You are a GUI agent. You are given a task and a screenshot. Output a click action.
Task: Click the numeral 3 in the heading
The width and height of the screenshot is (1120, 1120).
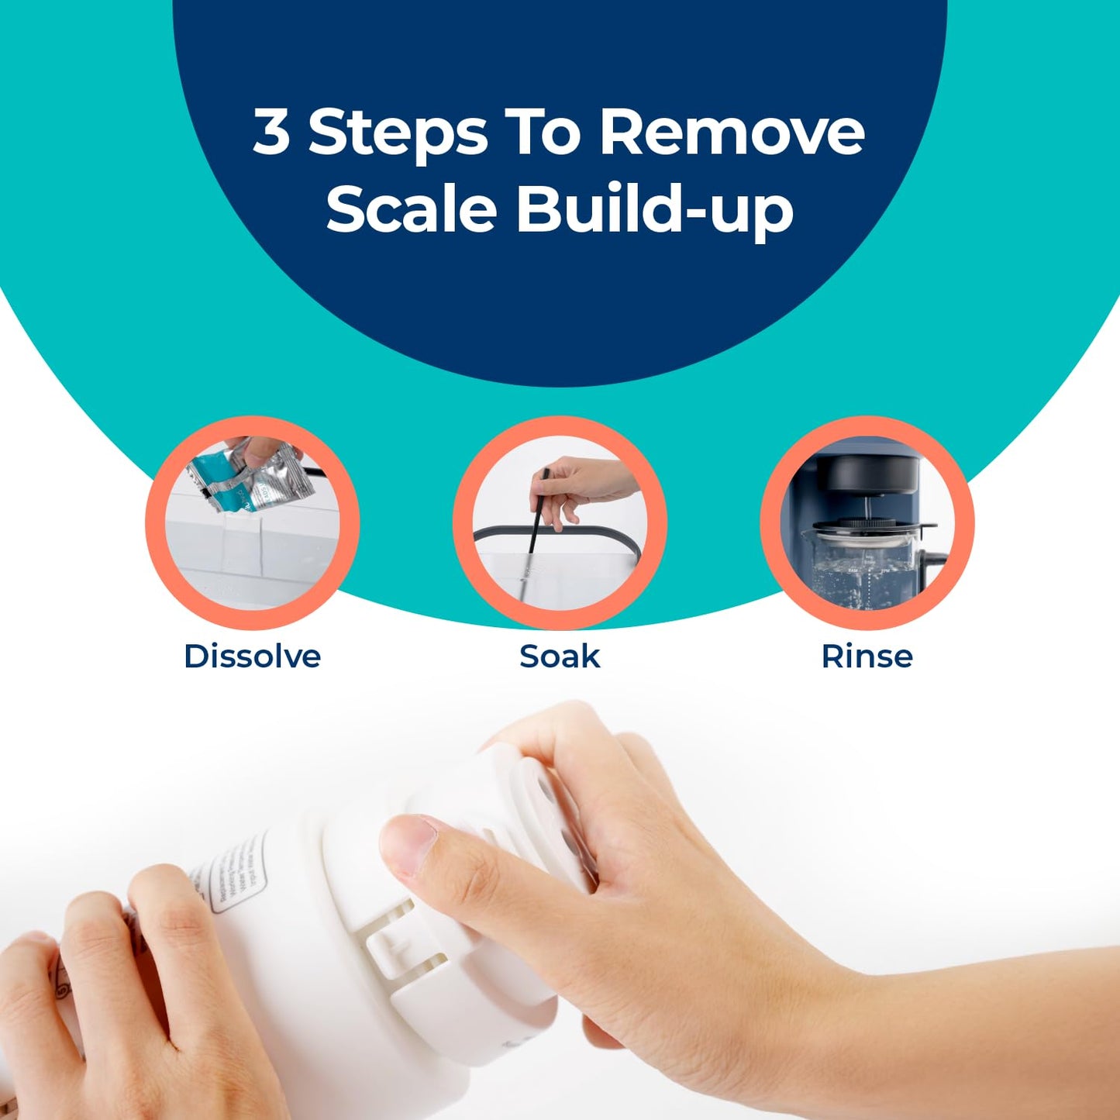(271, 132)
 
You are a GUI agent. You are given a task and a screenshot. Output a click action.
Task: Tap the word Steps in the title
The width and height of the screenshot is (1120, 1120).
(398, 133)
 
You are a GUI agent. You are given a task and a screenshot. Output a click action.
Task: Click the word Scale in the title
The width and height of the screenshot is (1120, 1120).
(411, 209)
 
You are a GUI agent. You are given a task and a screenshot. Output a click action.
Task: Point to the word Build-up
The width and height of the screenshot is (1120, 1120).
(655, 209)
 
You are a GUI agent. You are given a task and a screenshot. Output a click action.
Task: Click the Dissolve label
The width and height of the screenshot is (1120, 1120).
(252, 656)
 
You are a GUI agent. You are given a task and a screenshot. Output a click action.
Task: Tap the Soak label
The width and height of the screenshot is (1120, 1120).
(560, 656)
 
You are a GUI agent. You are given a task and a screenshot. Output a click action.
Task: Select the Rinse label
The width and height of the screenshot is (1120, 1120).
(867, 656)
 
